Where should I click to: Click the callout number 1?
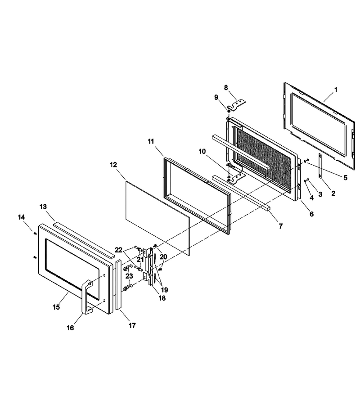(336, 90)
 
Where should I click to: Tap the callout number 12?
(113, 165)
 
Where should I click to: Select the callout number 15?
(56, 307)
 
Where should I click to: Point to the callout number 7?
(281, 226)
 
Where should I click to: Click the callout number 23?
(129, 276)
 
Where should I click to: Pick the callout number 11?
(151, 141)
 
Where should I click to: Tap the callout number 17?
(132, 326)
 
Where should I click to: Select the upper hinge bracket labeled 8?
(237, 105)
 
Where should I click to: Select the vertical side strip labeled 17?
(118, 285)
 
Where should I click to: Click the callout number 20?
(163, 256)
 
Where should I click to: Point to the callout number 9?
(216, 97)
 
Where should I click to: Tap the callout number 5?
(345, 178)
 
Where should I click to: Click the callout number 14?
(22, 217)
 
